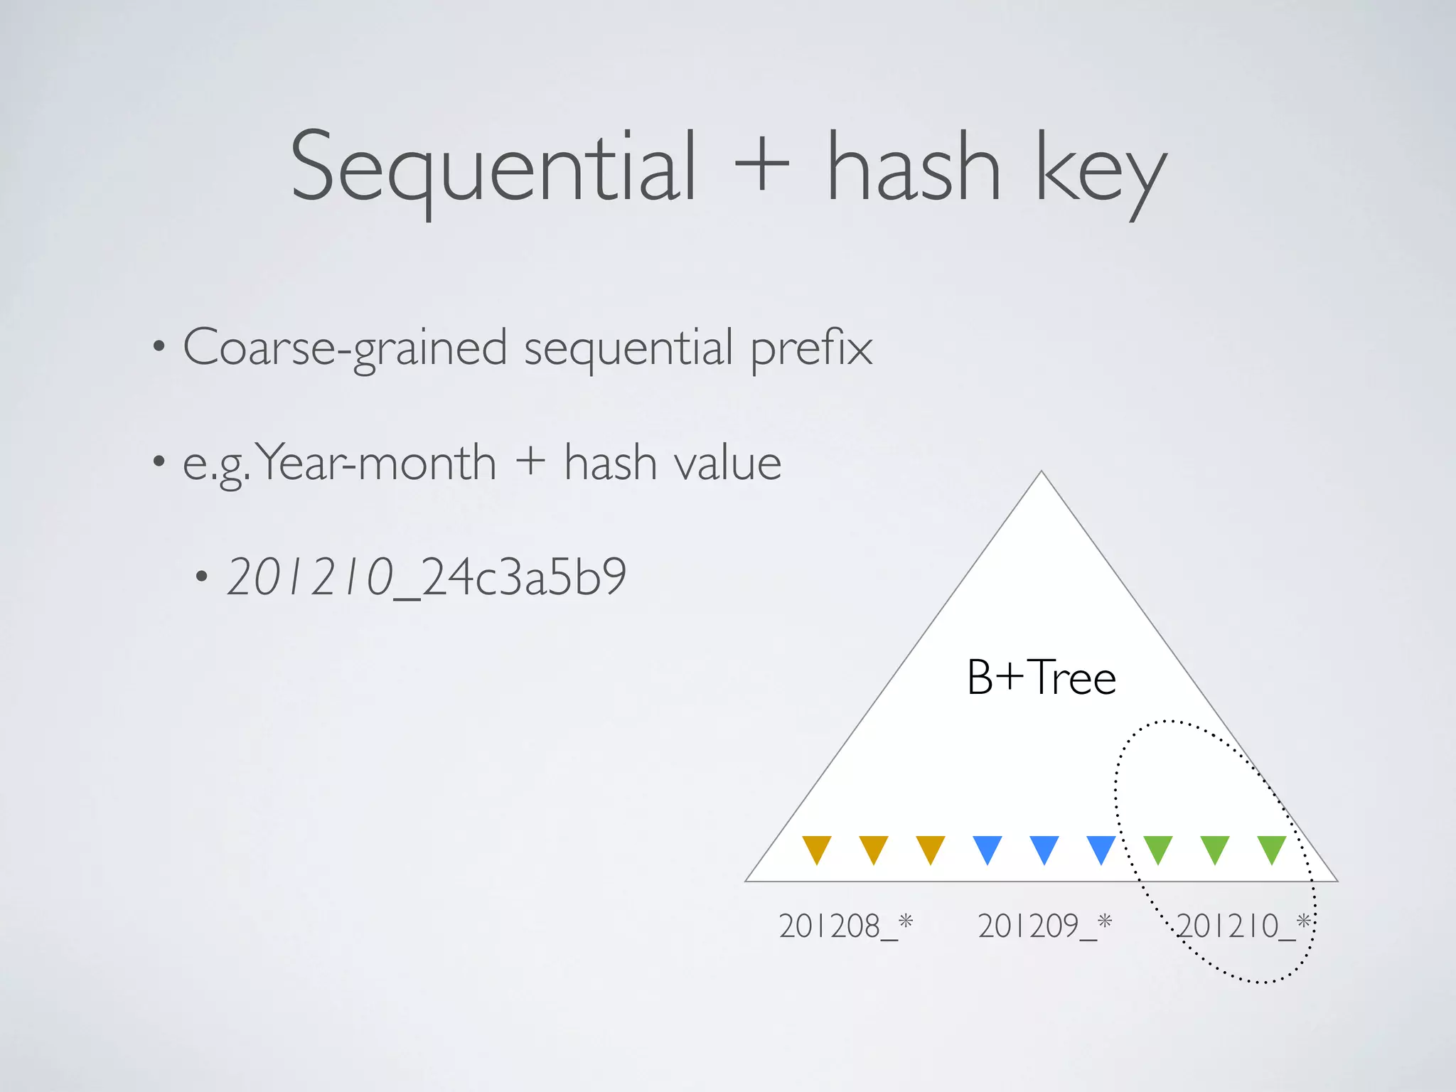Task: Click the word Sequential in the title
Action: [x=493, y=168]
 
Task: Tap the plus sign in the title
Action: [x=761, y=168]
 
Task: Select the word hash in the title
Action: [x=914, y=168]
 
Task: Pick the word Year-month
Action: [x=375, y=463]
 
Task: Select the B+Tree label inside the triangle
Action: [x=1041, y=677]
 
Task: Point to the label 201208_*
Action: [x=845, y=926]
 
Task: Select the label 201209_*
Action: [x=1044, y=926]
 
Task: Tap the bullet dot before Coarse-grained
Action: [x=159, y=348]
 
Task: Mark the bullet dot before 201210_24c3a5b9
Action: [x=203, y=577]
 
